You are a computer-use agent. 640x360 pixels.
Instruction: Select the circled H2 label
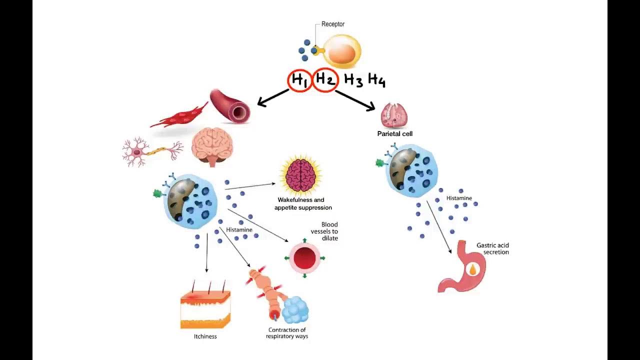(325, 80)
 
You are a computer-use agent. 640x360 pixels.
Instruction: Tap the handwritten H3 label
(353, 80)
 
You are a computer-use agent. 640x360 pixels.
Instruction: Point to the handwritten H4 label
(376, 80)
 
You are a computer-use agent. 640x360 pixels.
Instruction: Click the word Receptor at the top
(333, 24)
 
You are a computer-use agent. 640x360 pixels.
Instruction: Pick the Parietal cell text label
(394, 134)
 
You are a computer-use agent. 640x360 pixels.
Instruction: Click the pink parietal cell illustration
(394, 115)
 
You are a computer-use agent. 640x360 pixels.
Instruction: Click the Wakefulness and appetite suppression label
(303, 203)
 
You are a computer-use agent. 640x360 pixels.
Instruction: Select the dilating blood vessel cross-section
(304, 258)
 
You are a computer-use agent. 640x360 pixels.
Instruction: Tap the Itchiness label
(205, 336)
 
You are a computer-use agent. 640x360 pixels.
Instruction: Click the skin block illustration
(205, 309)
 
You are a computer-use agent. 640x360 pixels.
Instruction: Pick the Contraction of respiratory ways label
(287, 333)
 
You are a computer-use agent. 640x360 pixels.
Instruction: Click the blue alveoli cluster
(295, 310)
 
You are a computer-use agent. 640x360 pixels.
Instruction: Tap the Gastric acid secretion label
(492, 248)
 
